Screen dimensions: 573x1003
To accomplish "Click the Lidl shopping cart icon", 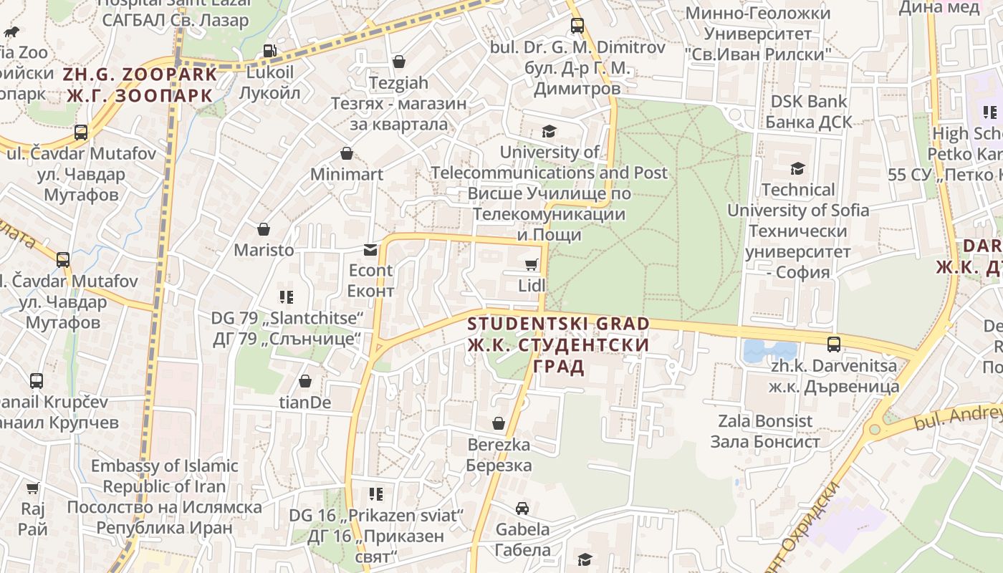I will pyautogui.click(x=531, y=266).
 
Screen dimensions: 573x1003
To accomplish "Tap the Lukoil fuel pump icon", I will pyautogui.click(x=269, y=51).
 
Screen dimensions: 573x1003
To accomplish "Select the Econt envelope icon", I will pyautogui.click(x=370, y=250).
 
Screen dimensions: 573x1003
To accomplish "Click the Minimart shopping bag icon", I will pyautogui.click(x=347, y=153).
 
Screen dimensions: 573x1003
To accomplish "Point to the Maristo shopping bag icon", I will pyautogui.click(x=264, y=229).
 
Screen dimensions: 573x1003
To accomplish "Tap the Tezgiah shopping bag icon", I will pyautogui.click(x=399, y=62).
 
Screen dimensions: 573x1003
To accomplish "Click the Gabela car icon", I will pyautogui.click(x=522, y=509).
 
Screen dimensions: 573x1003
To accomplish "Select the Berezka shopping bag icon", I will pyautogui.click(x=499, y=424).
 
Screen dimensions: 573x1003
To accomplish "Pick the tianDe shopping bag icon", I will pyautogui.click(x=305, y=381).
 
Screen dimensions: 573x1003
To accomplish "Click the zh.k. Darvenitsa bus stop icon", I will pyautogui.click(x=834, y=344).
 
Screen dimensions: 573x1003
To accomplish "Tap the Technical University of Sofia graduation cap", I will pyautogui.click(x=797, y=169).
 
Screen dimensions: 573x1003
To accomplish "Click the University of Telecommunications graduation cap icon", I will pyautogui.click(x=549, y=131).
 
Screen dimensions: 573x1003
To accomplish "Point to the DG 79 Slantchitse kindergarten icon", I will pyautogui.click(x=287, y=297).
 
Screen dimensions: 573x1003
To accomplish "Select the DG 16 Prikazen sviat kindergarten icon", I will pyautogui.click(x=376, y=493).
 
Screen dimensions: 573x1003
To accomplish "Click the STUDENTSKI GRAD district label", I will pyautogui.click(x=558, y=345).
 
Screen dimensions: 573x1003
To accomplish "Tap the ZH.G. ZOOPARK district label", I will pyautogui.click(x=140, y=85).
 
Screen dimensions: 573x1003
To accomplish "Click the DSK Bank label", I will pyautogui.click(x=809, y=112).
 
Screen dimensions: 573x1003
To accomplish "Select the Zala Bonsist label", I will pyautogui.click(x=765, y=431).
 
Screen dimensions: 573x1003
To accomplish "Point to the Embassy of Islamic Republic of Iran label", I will pyautogui.click(x=164, y=496).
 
